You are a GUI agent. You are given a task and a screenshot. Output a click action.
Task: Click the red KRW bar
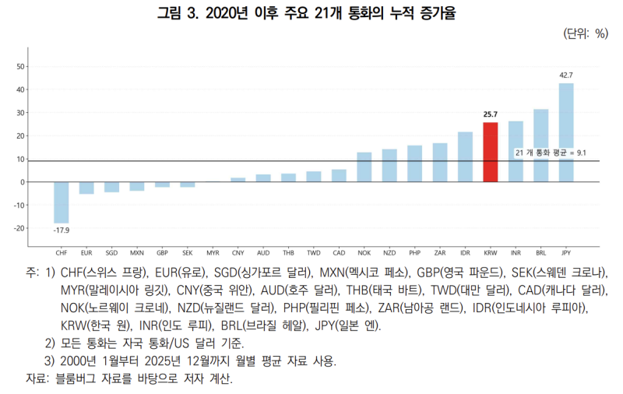tap(491, 152)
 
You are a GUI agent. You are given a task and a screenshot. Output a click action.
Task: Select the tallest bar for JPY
tap(566, 132)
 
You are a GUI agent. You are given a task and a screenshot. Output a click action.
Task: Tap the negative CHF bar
tap(61, 202)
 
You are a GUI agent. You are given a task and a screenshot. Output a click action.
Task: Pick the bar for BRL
tap(540, 146)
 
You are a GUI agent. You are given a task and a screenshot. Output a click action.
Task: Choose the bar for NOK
tap(364, 167)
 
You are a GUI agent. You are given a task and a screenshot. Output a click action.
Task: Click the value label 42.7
tap(566, 75)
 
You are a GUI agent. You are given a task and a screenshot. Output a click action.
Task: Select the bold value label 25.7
tap(491, 114)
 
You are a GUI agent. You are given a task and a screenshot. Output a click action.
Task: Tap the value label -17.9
tap(61, 230)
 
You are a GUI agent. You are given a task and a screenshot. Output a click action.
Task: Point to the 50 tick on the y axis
tap(19, 67)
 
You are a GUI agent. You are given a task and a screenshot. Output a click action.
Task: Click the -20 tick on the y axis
tap(19, 228)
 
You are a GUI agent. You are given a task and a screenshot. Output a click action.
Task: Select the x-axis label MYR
tap(213, 253)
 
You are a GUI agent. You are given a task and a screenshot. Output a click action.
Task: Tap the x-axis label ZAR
tap(440, 253)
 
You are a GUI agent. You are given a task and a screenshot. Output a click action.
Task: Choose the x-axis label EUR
tap(86, 253)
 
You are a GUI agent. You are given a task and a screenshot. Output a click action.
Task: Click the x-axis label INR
tap(516, 253)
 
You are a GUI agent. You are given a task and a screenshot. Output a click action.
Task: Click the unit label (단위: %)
tap(584, 33)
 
